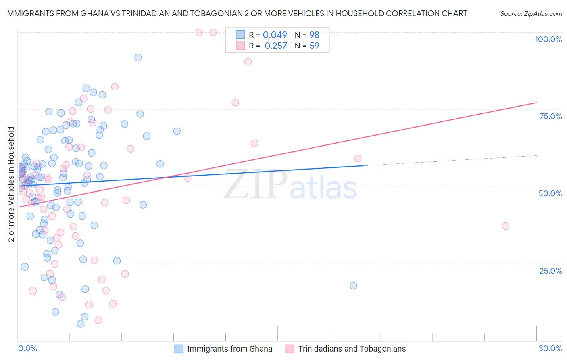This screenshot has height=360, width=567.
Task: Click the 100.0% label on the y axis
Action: click(548, 39)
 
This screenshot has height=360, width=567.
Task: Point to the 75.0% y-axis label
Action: click(550, 116)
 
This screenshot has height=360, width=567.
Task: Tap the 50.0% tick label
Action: click(550, 193)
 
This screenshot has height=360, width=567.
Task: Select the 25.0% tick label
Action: click(550, 271)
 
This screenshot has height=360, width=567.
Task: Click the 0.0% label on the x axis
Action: click(27, 348)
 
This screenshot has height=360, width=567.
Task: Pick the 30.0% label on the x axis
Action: click(550, 348)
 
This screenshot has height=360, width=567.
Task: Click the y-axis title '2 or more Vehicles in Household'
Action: click(11, 184)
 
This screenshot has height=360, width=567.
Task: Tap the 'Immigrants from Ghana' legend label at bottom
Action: click(229, 349)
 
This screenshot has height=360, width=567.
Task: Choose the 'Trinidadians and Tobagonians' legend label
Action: click(352, 349)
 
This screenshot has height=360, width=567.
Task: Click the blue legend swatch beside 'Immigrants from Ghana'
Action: click(179, 349)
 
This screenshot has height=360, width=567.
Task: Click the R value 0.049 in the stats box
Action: click(275, 35)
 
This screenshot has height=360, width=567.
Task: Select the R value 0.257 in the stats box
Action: click(275, 46)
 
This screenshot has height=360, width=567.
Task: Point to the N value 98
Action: click(314, 35)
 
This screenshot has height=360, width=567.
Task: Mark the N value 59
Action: click(314, 46)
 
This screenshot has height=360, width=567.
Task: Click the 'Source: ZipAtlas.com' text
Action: click(531, 13)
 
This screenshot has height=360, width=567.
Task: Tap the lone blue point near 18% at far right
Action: click(353, 285)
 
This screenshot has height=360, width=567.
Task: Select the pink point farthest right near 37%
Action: click(505, 226)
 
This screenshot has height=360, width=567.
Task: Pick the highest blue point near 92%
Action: click(138, 57)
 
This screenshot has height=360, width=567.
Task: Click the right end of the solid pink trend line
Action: click(536, 103)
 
